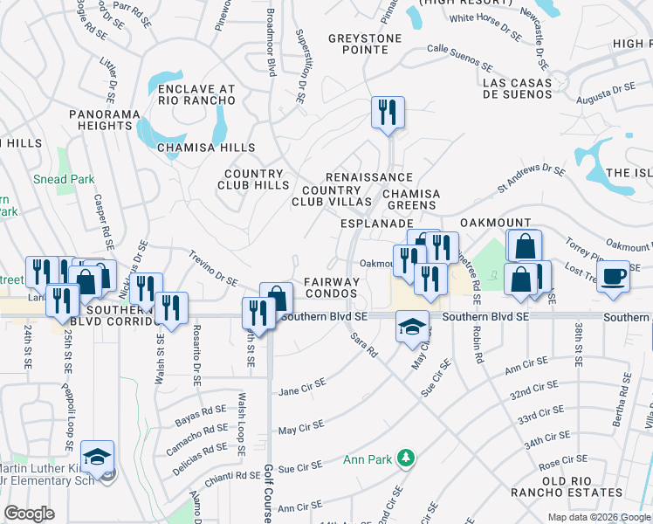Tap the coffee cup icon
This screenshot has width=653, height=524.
614,276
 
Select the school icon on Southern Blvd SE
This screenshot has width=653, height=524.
412,326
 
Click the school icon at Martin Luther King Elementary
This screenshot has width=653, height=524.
97,456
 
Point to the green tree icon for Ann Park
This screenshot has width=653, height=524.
405,458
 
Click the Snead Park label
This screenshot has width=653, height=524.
64,179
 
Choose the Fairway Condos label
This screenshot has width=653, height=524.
332,287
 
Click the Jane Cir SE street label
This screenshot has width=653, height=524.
301,387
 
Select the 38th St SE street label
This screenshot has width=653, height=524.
578,344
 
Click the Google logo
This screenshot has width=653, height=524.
30,514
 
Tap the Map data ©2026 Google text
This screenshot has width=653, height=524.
598,517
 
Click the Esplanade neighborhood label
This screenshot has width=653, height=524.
375,224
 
